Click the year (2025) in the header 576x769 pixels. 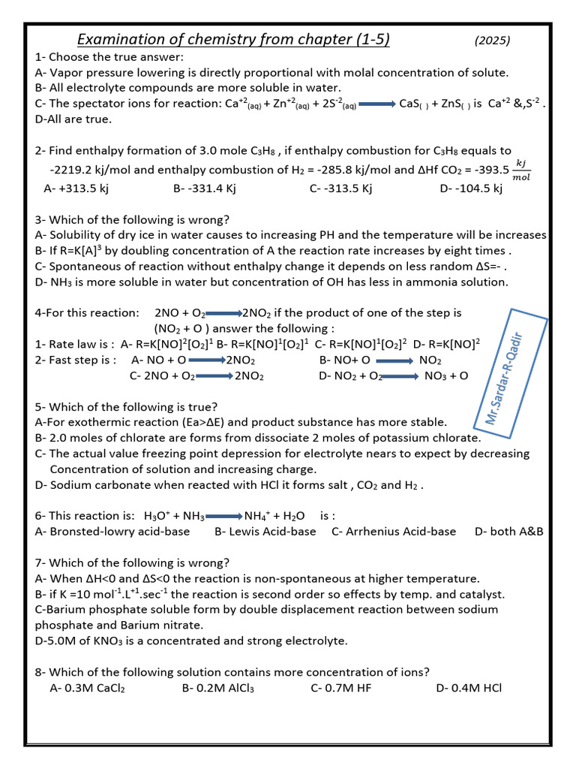[x=492, y=41]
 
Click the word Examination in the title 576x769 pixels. [x=120, y=40]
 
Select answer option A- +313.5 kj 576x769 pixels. [x=76, y=188]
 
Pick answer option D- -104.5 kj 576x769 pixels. [x=471, y=188]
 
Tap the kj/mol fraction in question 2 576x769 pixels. [x=520, y=170]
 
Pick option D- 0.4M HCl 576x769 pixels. [x=469, y=687]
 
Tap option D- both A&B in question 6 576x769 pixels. [x=509, y=531]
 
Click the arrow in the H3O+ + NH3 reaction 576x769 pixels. [x=223, y=517]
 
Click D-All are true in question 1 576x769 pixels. [x=73, y=119]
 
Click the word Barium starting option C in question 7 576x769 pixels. [x=65, y=610]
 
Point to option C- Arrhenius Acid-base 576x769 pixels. [x=393, y=531]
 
